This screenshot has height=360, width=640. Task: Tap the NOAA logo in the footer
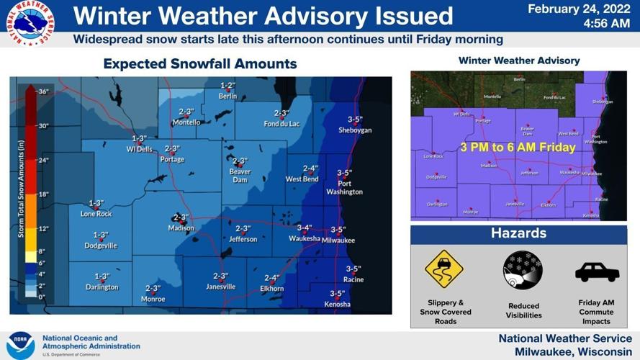coord(20,345)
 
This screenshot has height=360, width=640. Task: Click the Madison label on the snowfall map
coord(181,228)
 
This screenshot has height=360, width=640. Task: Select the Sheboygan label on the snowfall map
coord(354,130)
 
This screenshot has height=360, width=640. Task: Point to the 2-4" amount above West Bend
coord(310,168)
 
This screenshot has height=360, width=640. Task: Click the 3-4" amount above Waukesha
coord(304,228)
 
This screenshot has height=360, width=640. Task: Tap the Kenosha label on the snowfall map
coord(337,304)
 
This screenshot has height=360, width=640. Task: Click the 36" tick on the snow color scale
coord(42,91)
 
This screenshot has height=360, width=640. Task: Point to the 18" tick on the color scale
coord(42,194)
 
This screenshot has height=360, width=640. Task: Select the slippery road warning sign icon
coord(444,269)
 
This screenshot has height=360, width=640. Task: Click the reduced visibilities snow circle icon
coord(523,271)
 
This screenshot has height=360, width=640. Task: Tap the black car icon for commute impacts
coord(597,272)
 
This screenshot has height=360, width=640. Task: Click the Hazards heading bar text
coord(518,234)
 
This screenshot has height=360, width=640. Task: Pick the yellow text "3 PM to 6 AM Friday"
coord(518,148)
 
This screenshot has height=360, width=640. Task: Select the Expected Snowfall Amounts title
coord(199,64)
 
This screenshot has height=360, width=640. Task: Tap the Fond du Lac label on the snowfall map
coord(281,123)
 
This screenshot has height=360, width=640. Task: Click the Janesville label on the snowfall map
coord(220,287)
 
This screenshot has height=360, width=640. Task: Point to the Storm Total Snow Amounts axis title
coord(22,194)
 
